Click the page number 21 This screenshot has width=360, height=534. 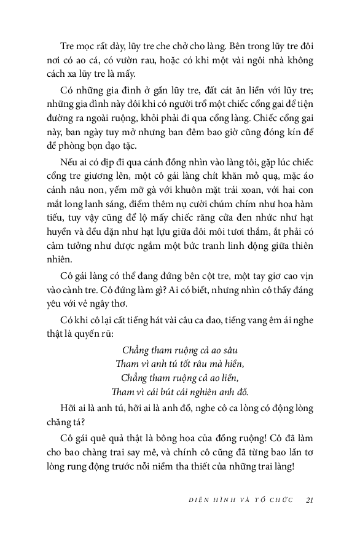(x=310, y=499)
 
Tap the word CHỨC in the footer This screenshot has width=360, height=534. (x=279, y=500)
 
